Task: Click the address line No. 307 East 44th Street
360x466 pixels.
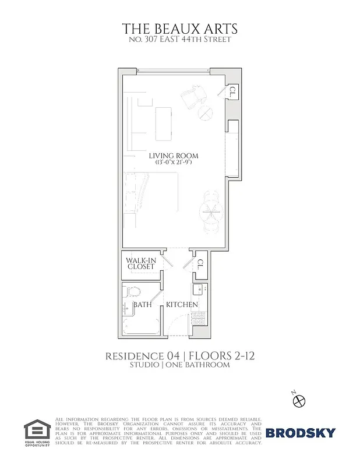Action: click(179, 40)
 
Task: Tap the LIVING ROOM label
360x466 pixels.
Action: click(173, 156)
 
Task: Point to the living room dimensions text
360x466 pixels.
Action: click(173, 163)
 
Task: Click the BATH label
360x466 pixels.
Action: click(143, 305)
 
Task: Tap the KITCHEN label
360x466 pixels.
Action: click(182, 305)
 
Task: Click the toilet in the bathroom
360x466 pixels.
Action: click(133, 291)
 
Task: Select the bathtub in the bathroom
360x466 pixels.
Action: click(142, 325)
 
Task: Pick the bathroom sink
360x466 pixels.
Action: click(126, 309)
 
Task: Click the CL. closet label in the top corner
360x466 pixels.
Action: click(232, 91)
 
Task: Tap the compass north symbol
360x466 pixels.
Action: click(299, 400)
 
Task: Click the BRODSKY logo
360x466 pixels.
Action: click(301, 433)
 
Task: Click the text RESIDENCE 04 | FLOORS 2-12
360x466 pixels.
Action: click(179, 356)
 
